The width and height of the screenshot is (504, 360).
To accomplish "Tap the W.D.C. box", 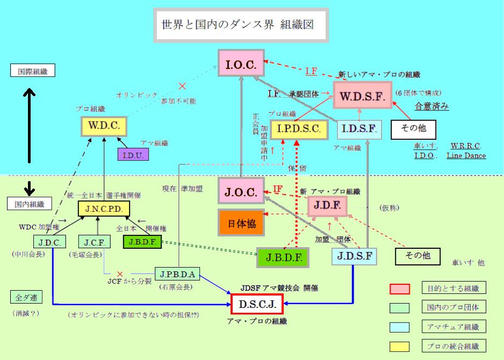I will tap(104, 127).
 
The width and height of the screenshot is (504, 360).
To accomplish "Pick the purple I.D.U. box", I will tap(133, 154).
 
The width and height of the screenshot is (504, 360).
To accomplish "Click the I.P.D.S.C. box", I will tap(299, 129).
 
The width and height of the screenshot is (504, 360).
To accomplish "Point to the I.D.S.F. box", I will tap(360, 129).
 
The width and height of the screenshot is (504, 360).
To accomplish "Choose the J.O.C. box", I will tap(241, 192).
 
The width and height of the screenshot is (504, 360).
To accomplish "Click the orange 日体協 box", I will tap(241, 222).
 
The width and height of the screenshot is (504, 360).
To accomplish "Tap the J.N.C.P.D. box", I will tap(104, 208).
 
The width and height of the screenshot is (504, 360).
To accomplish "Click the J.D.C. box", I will tap(49, 241).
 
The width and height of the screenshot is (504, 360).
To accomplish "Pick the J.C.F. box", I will tap(94, 241).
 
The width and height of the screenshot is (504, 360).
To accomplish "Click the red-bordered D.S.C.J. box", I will tap(257, 304).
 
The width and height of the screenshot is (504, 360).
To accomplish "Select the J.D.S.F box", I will tap(354, 256).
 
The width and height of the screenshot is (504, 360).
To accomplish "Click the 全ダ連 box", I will tap(25, 297).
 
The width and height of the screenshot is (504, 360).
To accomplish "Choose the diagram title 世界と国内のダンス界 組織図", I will tap(240, 25).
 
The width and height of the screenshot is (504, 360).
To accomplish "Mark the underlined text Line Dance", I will tap(466, 156).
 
